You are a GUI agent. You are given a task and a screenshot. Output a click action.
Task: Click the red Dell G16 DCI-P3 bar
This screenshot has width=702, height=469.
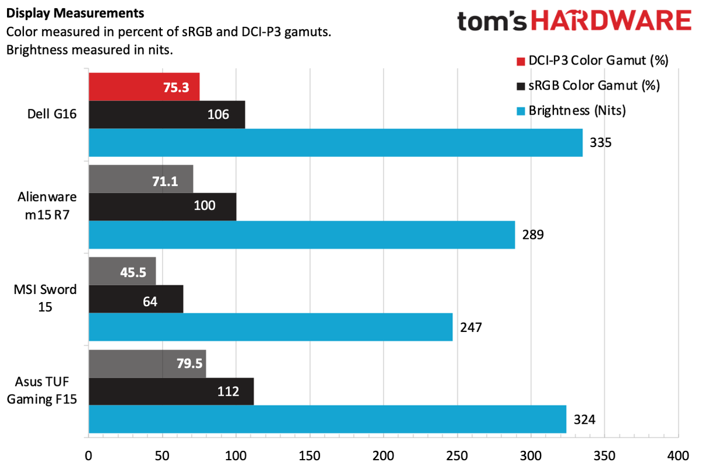coord(144,87)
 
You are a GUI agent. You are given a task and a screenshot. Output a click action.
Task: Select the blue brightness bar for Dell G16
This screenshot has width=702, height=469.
coord(335,142)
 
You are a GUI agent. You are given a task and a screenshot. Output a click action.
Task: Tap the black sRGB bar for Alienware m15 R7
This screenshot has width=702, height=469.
coord(162,206)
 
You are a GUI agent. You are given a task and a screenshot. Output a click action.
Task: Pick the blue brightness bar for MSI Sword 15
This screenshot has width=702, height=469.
coord(270,327)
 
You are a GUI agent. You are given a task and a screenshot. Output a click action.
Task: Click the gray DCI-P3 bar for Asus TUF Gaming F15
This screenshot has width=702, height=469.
coord(147,364)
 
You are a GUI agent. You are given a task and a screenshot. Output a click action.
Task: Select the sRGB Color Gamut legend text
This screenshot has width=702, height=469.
coord(594,85)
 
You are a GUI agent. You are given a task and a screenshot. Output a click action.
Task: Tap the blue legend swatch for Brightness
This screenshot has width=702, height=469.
coord(520,111)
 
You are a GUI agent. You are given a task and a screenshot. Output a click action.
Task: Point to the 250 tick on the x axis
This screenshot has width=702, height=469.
coord(456,456)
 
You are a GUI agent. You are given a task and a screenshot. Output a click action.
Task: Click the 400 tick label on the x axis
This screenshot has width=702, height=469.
coord(677,456)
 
